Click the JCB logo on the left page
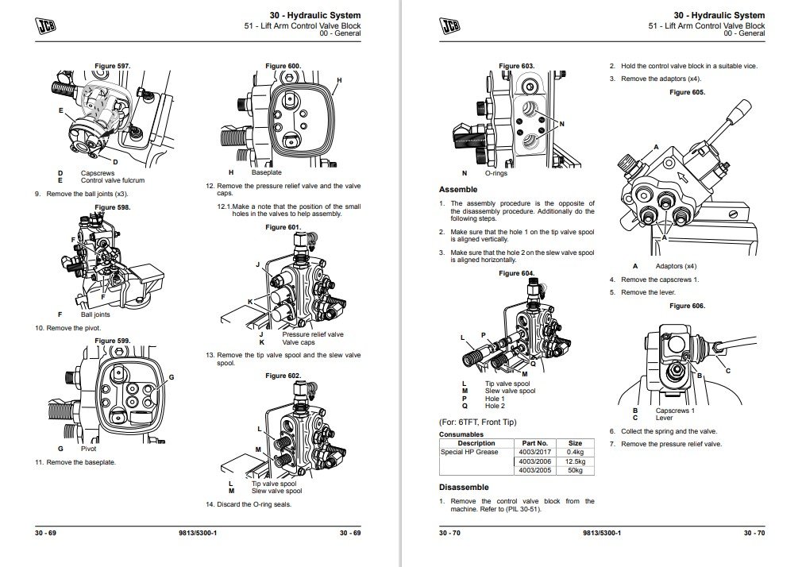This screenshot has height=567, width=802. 48,26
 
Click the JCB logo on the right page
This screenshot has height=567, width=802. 450,26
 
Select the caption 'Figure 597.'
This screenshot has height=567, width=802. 113,66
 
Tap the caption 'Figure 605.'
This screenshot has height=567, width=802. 687,93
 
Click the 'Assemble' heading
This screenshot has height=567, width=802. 458,190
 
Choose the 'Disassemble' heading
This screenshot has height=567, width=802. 464,487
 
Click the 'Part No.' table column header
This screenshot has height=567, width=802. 534,443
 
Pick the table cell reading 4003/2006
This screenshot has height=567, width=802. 534,461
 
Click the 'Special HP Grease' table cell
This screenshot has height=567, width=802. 470,452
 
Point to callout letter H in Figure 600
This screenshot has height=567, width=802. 339,81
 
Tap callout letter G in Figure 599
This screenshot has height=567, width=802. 171,376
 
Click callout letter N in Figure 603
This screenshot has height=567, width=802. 561,124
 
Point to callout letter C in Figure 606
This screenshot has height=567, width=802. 727,371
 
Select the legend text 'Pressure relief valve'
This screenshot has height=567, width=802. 313,334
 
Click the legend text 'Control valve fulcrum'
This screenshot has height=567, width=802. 112,180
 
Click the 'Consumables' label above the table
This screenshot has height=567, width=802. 461,434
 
